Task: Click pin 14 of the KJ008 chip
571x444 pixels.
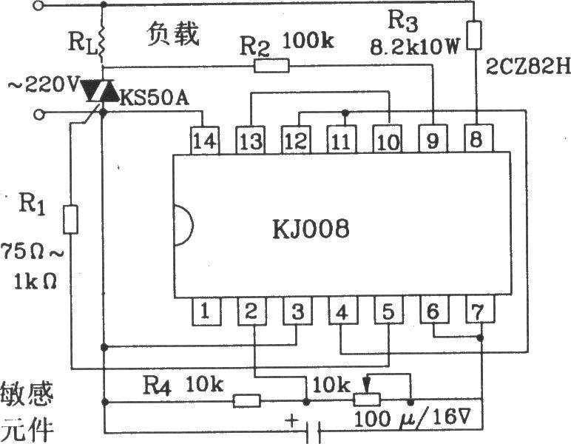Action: pos(205,141)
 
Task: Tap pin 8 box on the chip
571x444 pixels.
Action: pos(479,138)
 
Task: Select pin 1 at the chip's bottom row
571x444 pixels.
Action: pos(206,312)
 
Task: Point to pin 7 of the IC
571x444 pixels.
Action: pos(479,309)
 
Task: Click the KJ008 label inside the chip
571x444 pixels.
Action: pos(311,229)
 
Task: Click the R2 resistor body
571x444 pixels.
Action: pos(271,66)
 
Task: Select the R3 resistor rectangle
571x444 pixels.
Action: pos(474,35)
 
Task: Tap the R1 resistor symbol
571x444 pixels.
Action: pos(71,219)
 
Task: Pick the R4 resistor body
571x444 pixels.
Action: pos(247,401)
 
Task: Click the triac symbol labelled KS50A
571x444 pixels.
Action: pos(98,91)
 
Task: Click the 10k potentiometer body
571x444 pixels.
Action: pos(367,400)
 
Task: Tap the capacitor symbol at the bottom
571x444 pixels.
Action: pos(314,432)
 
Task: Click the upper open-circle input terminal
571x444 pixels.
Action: pos(38,5)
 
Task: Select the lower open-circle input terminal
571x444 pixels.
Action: pos(39,115)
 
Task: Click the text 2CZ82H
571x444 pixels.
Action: pos(527,67)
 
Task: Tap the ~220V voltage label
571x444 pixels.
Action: pos(43,86)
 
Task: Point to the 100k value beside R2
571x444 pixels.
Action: pos(308,40)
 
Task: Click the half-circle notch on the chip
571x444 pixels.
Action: pos(184,225)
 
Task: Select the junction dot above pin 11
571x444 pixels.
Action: pos(345,112)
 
